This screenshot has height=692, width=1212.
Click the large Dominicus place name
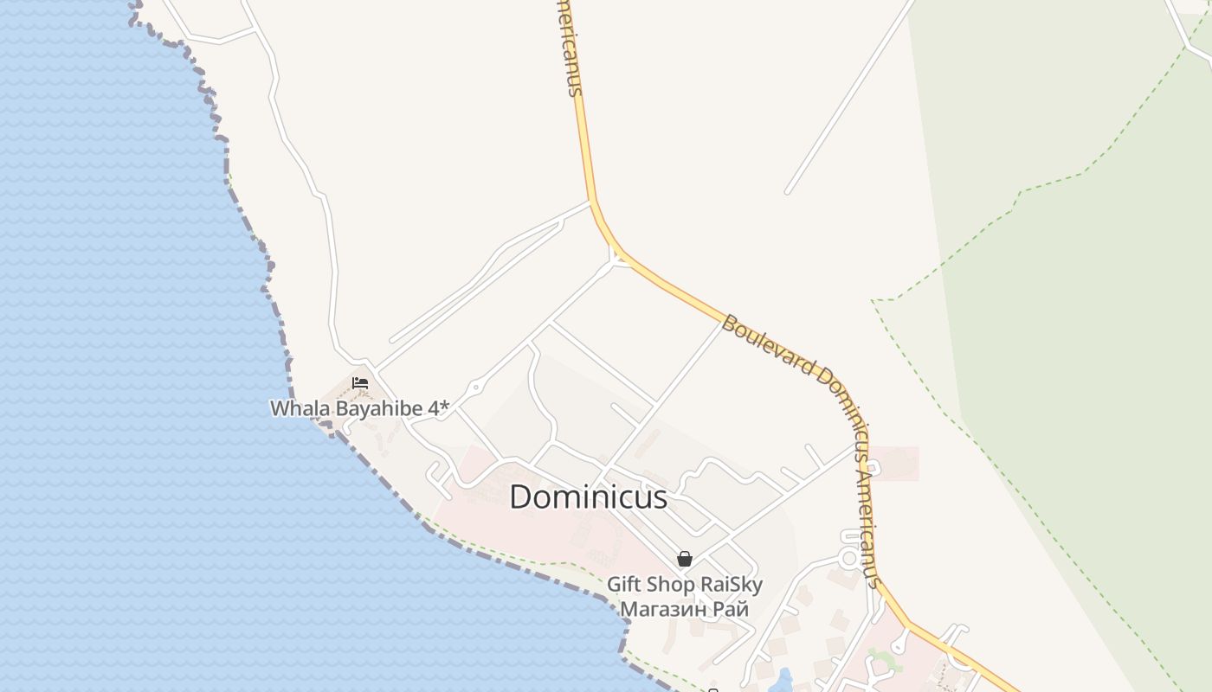pos(588,497)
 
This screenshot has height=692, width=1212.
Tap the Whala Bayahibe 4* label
pos(359,408)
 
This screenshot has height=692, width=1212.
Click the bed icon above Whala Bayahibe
pos(360,382)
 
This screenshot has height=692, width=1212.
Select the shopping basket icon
pos(685,559)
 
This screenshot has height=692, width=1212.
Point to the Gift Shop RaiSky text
pos(684,585)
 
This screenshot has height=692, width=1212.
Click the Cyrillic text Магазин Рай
pos(684,609)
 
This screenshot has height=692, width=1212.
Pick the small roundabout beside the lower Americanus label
pos(850,559)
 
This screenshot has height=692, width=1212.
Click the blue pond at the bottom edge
pos(784,681)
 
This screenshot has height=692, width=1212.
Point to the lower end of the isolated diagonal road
pos(788,191)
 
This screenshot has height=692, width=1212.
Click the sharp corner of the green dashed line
pos(875,301)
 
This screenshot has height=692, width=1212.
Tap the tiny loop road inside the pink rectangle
pos(873,469)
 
